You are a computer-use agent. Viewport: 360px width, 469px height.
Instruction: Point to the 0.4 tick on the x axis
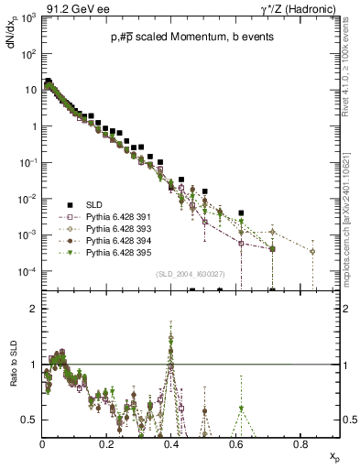click(171, 442)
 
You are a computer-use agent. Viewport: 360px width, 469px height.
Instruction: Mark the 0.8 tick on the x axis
click(300, 442)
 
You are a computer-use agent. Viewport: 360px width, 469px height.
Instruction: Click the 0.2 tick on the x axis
click(107, 442)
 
